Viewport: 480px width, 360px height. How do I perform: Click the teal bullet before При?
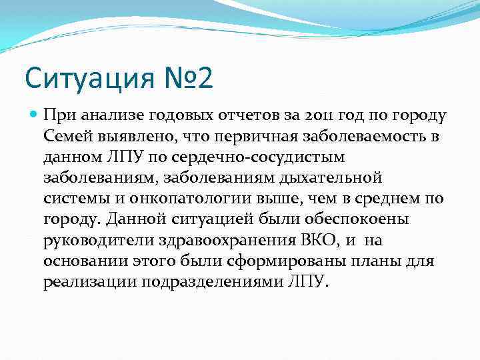33,115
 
